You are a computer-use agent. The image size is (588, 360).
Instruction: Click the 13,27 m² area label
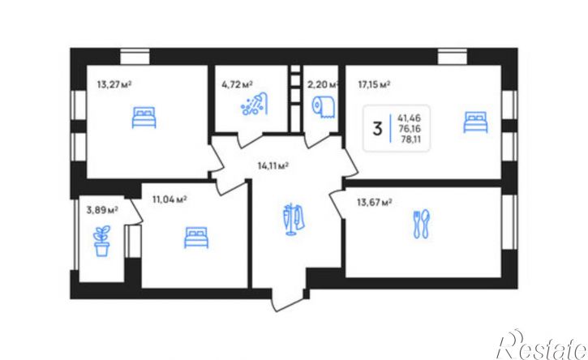coord(114,84)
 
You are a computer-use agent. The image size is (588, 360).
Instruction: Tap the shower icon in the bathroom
coord(254,104)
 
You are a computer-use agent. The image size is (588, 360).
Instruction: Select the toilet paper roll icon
coord(323,107)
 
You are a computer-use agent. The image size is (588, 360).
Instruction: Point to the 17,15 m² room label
coord(374,84)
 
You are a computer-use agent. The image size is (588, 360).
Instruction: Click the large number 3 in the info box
coord(377,129)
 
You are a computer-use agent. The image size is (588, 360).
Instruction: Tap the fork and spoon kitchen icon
coord(422,224)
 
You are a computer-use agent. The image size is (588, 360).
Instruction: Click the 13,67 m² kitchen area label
coord(375,203)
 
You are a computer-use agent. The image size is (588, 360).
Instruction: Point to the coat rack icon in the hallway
coord(294,220)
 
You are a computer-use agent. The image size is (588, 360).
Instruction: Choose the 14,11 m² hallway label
coord(273,165)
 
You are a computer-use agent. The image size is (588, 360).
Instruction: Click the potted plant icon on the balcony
coord(101,241)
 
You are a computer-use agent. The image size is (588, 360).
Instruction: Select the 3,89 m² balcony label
coord(102,210)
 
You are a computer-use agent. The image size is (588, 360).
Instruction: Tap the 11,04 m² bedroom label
coord(170,199)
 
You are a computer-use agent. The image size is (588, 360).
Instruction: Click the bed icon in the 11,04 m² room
coord(196,238)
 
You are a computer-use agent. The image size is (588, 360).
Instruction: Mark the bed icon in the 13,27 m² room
coord(144,117)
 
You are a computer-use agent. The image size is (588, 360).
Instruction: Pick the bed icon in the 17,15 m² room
coord(475,122)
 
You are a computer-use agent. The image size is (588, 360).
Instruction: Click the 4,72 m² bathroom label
coord(237,84)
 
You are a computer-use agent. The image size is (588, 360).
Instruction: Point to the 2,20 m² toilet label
coord(323,84)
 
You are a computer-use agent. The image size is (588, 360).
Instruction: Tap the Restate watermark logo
coord(543,345)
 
